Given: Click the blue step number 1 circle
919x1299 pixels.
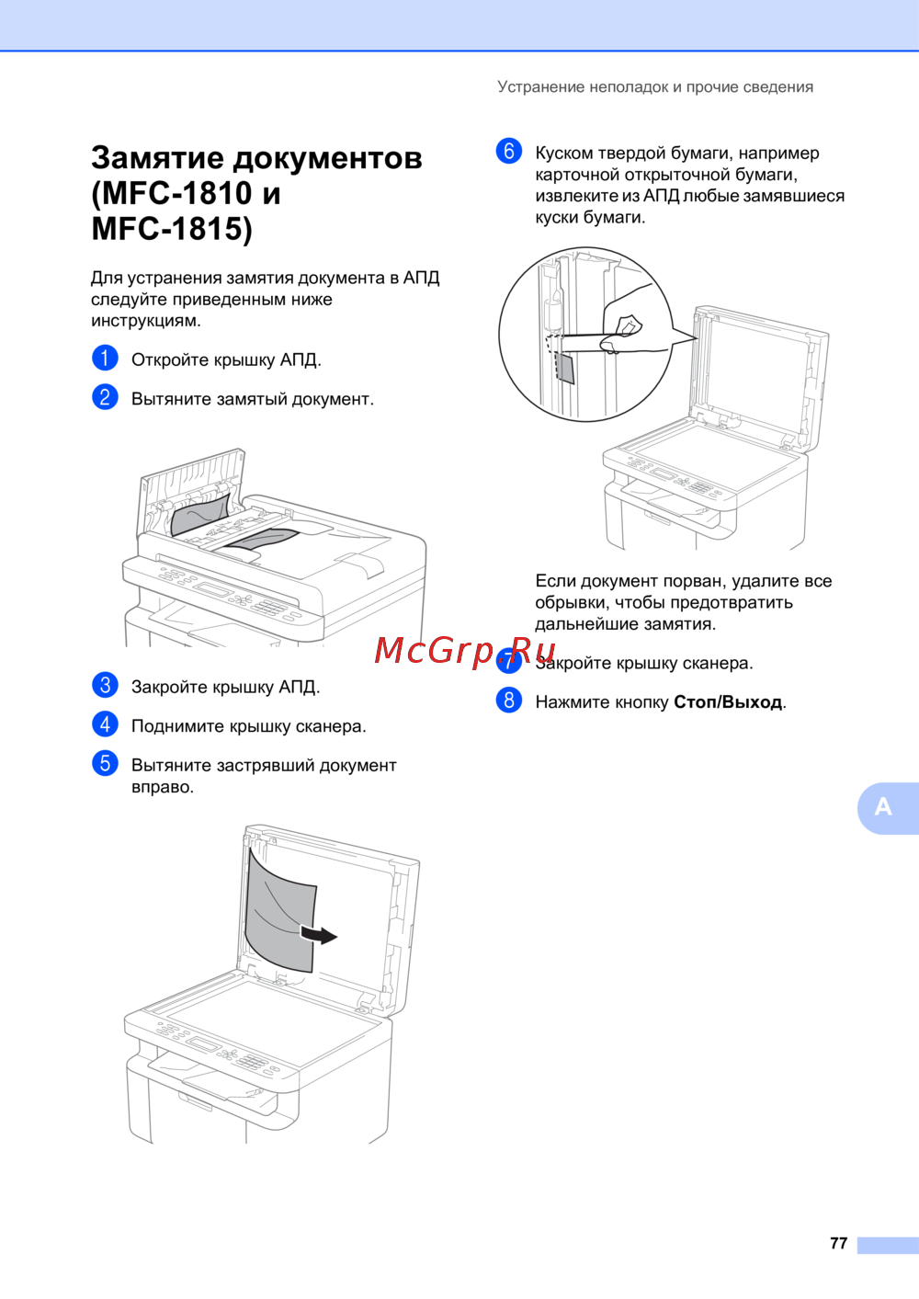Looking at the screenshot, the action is (105, 358).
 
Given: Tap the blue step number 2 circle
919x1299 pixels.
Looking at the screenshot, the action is (105, 397).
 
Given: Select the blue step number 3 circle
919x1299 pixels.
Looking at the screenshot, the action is (105, 685).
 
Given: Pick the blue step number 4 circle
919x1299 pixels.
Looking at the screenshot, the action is (105, 724).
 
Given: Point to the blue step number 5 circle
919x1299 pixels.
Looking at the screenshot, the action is (105, 763).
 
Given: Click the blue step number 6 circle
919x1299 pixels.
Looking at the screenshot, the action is (509, 151).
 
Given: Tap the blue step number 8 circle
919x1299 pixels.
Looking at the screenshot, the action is (509, 700).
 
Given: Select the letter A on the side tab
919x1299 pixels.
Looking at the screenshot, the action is (882, 806).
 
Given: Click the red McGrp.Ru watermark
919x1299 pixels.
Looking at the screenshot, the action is (465, 651).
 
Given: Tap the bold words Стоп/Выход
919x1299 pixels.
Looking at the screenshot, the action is (728, 702).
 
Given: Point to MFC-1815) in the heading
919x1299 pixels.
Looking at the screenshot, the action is (172, 229).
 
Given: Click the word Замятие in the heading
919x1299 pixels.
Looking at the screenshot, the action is (157, 158).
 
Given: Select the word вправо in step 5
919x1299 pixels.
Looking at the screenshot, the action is (163, 788).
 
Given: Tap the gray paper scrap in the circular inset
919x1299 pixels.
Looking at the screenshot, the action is (564, 368).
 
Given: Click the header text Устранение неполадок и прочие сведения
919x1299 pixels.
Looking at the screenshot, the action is (655, 87).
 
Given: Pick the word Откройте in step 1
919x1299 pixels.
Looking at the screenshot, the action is (170, 360).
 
